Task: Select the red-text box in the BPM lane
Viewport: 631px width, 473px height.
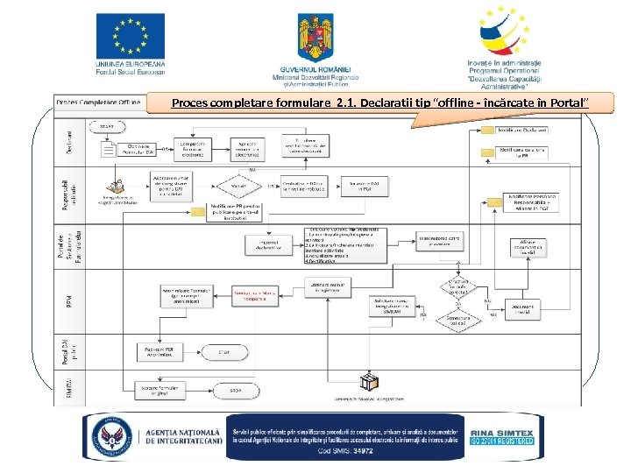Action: click(x=252, y=295)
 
